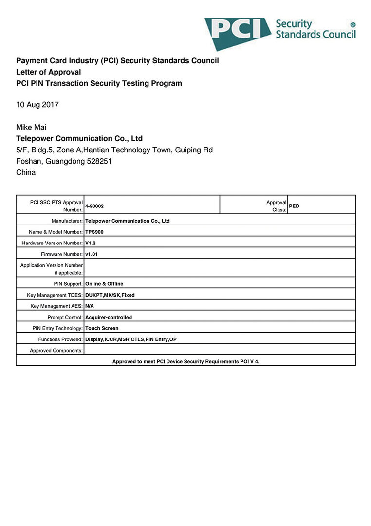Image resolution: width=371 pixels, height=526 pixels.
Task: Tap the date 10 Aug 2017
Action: pyautogui.click(x=37, y=105)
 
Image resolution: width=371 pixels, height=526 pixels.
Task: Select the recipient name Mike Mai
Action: pyautogui.click(x=31, y=128)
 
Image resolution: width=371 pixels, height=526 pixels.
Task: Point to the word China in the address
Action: pyautogui.click(x=26, y=172)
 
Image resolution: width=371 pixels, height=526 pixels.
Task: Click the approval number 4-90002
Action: pyautogui.click(x=94, y=206)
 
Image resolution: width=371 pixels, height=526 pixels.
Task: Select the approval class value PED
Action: pyautogui.click(x=294, y=206)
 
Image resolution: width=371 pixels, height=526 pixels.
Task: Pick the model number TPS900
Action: pyautogui.click(x=94, y=232)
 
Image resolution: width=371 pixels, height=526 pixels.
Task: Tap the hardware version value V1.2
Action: pyautogui.click(x=90, y=243)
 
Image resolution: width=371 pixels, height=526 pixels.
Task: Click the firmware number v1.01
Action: pyautogui.click(x=92, y=254)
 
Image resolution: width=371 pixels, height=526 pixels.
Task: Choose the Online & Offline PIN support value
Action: pyautogui.click(x=104, y=284)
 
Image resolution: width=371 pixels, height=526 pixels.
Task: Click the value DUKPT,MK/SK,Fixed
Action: pyautogui.click(x=110, y=295)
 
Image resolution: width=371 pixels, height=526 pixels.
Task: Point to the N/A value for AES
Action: pyautogui.click(x=90, y=306)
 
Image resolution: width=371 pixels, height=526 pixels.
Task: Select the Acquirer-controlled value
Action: pyautogui.click(x=109, y=318)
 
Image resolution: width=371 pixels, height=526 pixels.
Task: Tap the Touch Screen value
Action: pyautogui.click(x=102, y=328)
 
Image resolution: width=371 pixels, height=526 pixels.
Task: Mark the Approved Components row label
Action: pyautogui.click(x=56, y=351)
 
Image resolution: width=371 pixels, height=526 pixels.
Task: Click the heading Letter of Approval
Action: pyautogui.click(x=49, y=72)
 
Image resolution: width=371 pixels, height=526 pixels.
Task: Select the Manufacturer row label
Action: pyautogui.click(x=67, y=221)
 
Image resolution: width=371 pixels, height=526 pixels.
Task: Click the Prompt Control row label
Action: pyautogui.click(x=65, y=318)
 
